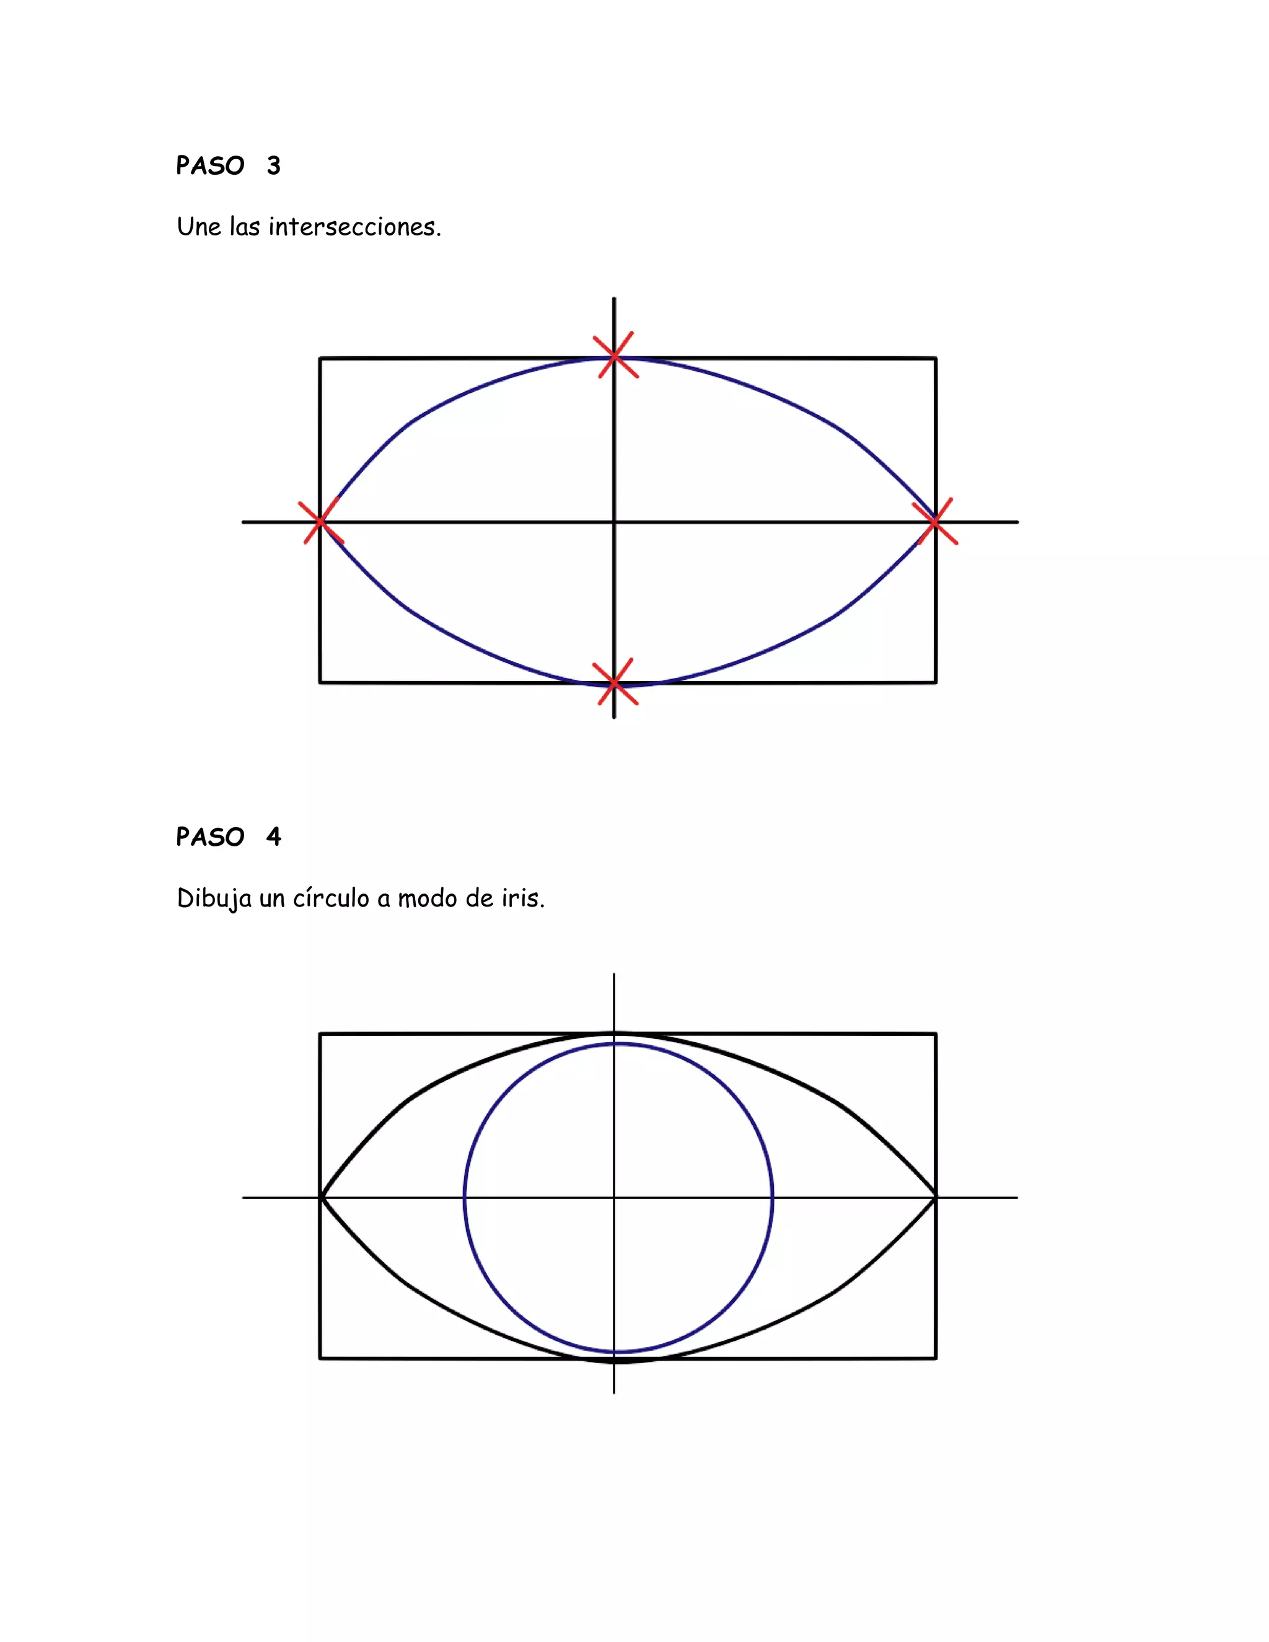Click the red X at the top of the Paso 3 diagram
(x=615, y=355)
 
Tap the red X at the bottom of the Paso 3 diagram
(x=615, y=683)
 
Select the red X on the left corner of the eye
(x=321, y=521)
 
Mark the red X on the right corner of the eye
(x=934, y=521)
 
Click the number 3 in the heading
(x=274, y=165)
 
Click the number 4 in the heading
(x=274, y=836)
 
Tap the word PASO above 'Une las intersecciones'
(x=211, y=165)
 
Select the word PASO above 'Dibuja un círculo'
(x=211, y=836)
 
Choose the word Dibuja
(x=214, y=898)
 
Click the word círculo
(x=331, y=898)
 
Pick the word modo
(x=427, y=898)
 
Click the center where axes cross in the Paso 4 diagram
(x=614, y=1198)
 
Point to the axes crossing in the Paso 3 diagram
(x=614, y=521)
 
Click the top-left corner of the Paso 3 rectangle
(x=320, y=359)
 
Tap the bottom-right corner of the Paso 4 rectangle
(x=936, y=1359)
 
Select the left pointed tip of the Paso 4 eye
(x=322, y=1198)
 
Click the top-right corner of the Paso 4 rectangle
(x=936, y=1035)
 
